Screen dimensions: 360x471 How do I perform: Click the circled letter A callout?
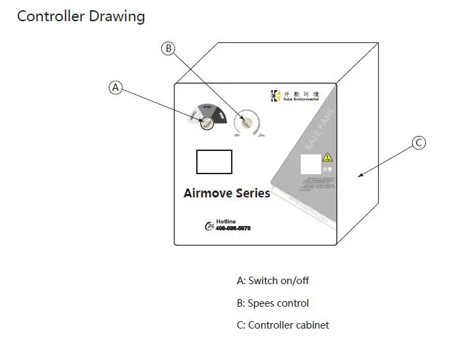tap(116, 87)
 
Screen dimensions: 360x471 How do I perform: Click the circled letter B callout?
tap(168, 48)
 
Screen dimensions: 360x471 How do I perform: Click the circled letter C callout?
tap(419, 143)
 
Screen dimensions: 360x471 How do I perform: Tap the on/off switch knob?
tap(205, 123)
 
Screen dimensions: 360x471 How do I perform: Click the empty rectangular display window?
tap(214, 161)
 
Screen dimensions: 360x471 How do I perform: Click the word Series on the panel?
tap(253, 193)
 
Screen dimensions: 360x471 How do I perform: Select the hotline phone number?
tap(233, 228)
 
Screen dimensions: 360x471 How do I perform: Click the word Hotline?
tap(226, 221)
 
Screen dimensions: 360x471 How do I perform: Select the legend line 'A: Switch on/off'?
tap(273, 280)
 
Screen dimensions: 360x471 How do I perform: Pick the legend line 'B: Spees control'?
tap(273, 303)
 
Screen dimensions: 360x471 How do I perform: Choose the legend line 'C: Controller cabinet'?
tap(282, 325)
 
